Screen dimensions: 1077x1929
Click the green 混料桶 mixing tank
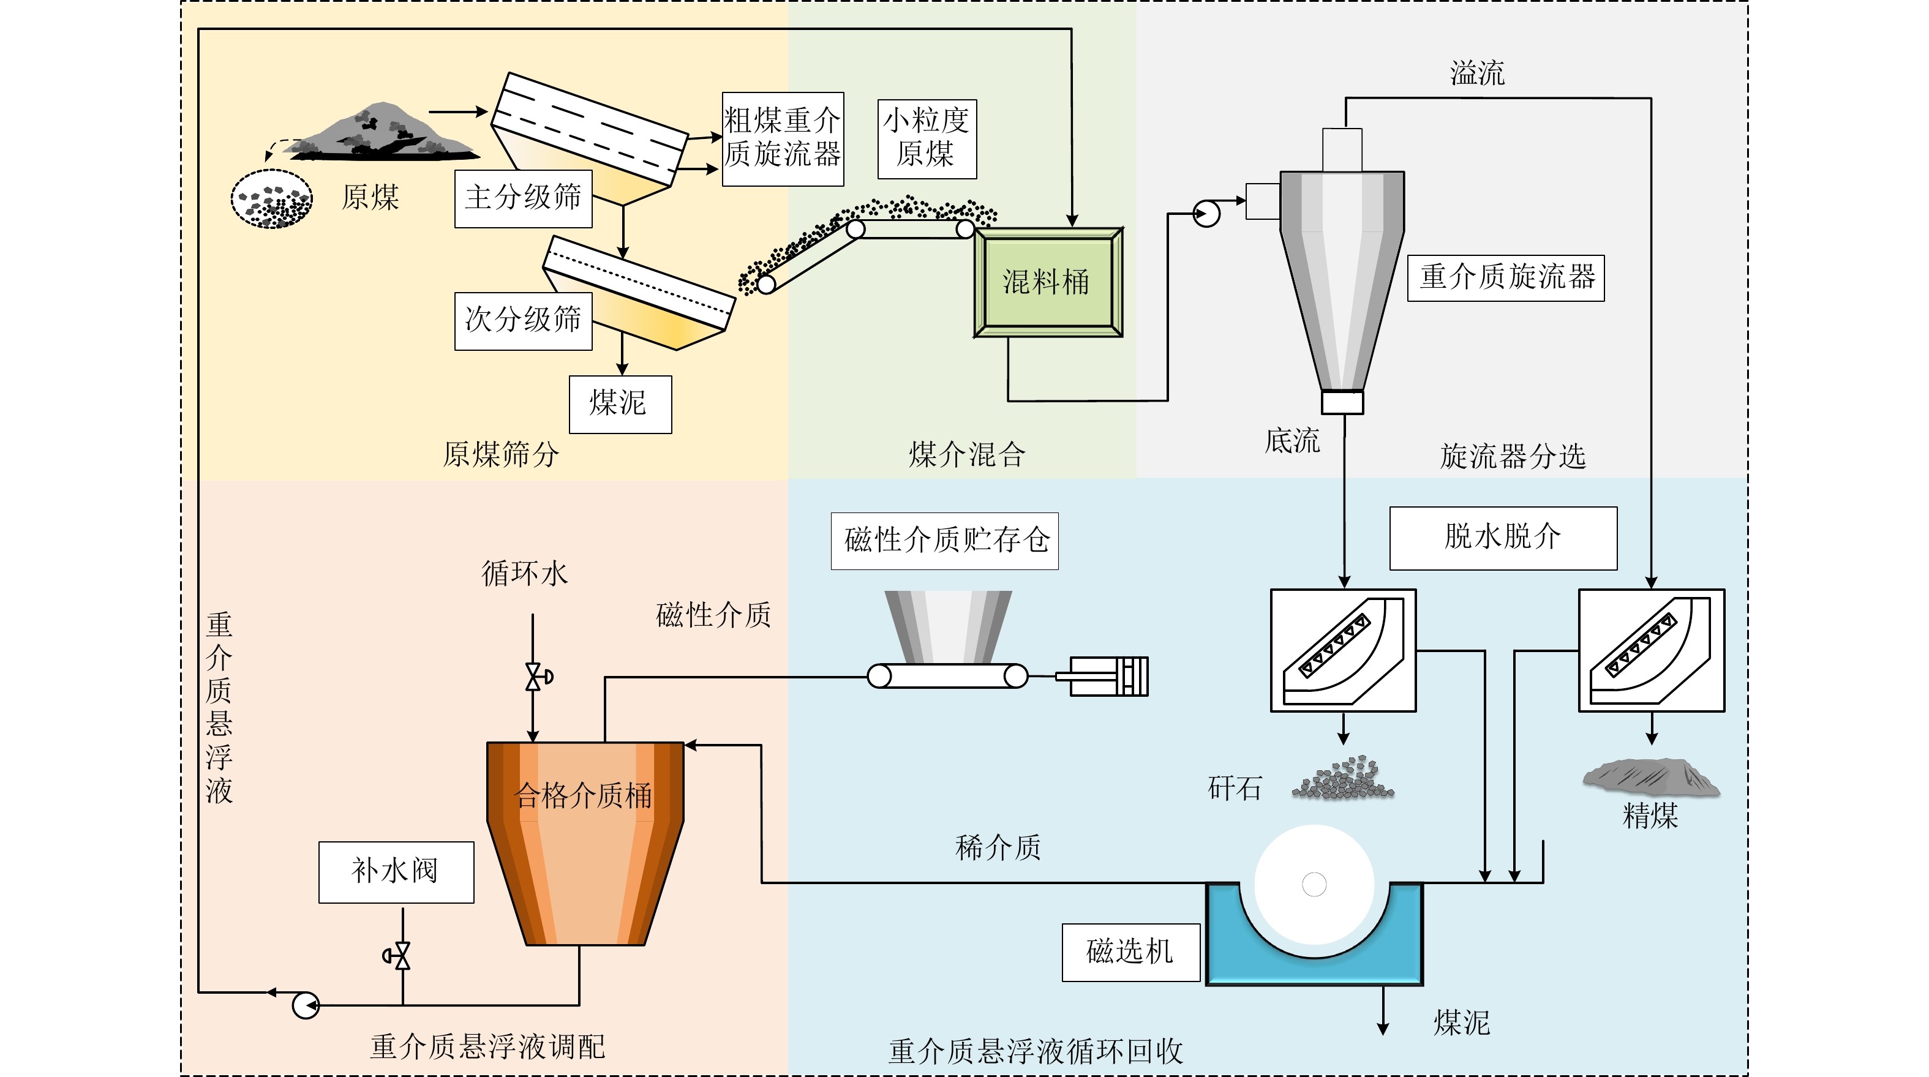pyautogui.click(x=1048, y=282)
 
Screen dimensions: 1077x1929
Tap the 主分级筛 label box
pyautogui.click(x=523, y=198)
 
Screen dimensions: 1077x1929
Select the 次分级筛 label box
pyautogui.click(x=523, y=321)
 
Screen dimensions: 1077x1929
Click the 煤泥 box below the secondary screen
pyautogui.click(x=619, y=403)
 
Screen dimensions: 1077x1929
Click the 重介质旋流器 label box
pyautogui.click(x=1505, y=278)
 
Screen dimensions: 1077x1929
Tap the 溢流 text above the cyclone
pyautogui.click(x=1476, y=73)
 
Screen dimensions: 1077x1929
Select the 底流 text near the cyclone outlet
pyautogui.click(x=1292, y=440)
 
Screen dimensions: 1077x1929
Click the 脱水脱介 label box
pyautogui.click(x=1502, y=538)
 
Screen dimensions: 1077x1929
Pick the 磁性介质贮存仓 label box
pyautogui.click(x=944, y=541)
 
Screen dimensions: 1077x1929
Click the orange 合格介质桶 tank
pyautogui.click(x=585, y=831)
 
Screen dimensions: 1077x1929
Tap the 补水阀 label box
pyautogui.click(x=396, y=872)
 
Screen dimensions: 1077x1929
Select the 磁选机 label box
pyautogui.click(x=1130, y=952)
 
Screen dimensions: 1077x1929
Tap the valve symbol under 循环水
pyautogui.click(x=535, y=677)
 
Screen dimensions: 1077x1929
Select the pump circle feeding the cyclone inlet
pyautogui.click(x=1206, y=214)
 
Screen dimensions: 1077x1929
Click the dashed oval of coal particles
pyautogui.click(x=272, y=199)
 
